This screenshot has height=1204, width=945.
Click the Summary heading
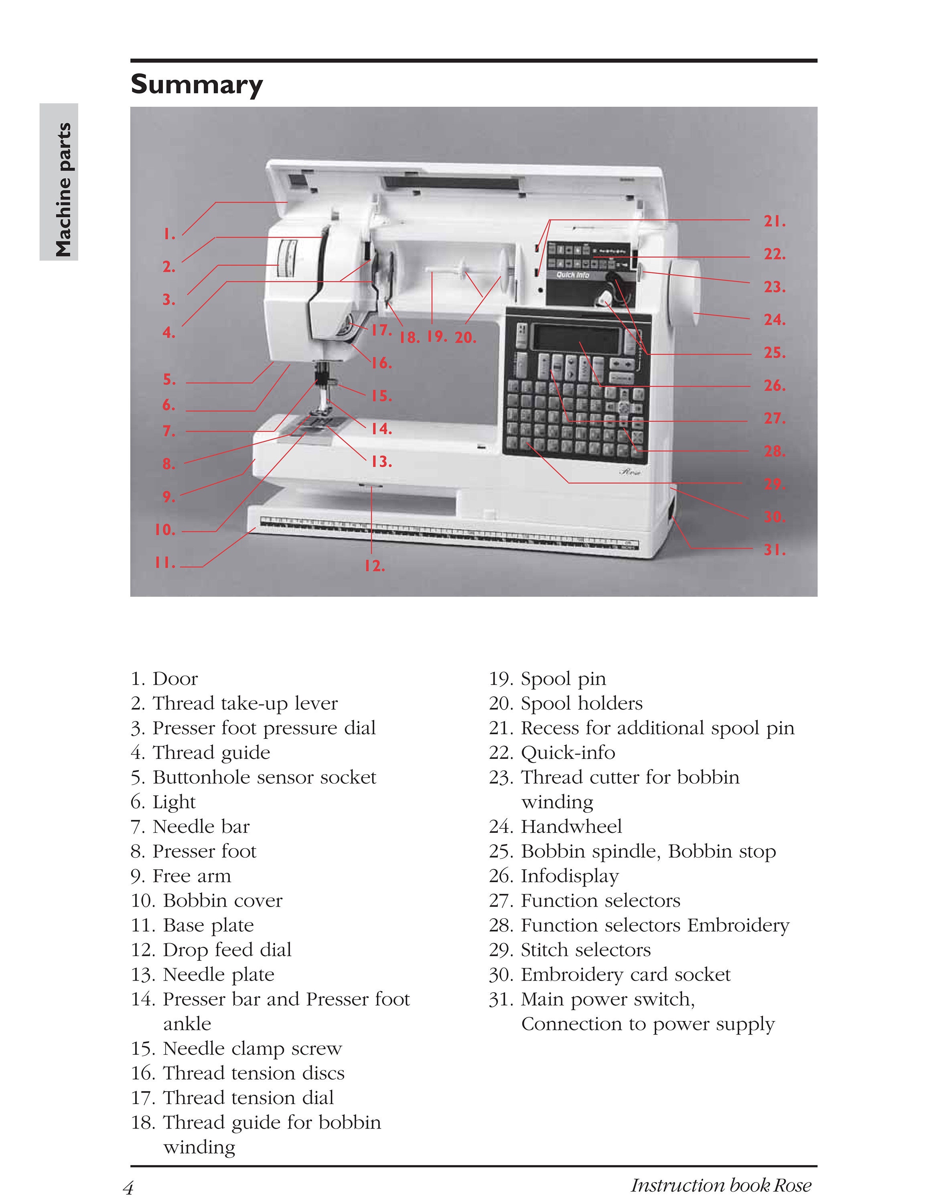pos(197,85)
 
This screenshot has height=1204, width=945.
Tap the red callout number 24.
pos(775,320)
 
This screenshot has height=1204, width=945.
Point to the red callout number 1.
pos(169,235)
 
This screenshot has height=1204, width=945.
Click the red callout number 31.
pos(775,550)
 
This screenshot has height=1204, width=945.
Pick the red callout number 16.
pos(381,364)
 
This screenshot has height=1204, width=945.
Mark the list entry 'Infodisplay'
pos(569,876)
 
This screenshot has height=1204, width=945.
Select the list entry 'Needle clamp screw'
pos(252,1048)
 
